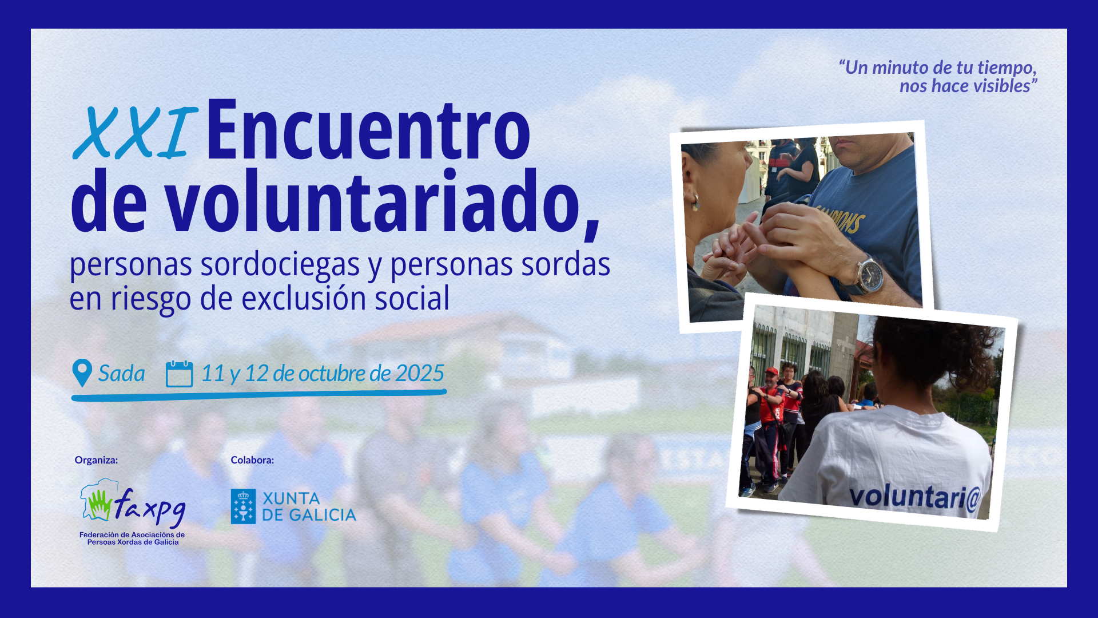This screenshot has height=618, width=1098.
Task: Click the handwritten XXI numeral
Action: pos(136,133)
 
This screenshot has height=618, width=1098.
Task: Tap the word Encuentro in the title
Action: pos(368,130)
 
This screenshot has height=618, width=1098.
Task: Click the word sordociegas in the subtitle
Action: pos(280,265)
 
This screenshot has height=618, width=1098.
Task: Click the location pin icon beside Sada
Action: pos(82,373)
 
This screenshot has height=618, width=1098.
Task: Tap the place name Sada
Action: pos(121,373)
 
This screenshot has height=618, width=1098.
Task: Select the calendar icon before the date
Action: pos(179,374)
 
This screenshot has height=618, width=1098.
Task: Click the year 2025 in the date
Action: pos(419,373)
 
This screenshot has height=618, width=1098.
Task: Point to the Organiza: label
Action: pos(96,460)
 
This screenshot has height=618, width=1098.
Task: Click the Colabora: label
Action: pos(252,460)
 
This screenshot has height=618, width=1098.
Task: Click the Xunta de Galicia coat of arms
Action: pos(243,506)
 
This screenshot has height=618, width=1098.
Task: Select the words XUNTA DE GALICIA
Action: pos(309,507)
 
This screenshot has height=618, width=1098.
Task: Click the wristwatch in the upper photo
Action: pos(869,274)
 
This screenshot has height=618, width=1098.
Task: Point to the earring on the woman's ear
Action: pos(695,202)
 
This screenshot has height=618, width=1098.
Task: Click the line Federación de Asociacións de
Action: pos(132,535)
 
